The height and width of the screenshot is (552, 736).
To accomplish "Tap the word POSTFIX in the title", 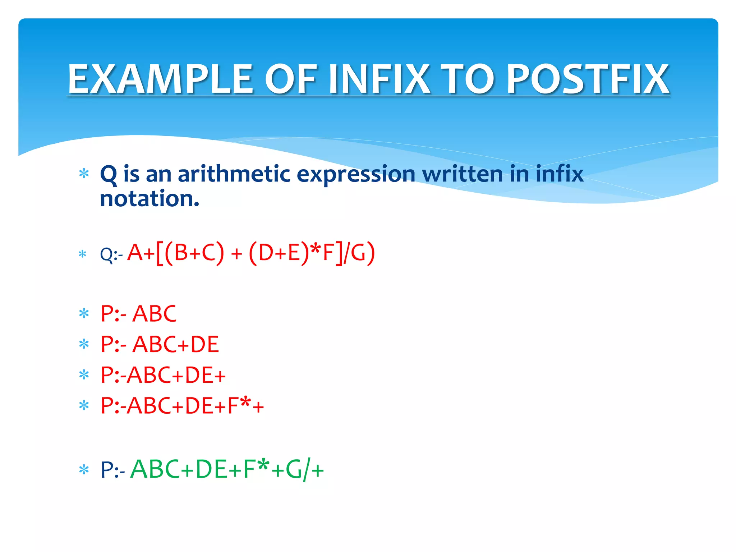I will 588,79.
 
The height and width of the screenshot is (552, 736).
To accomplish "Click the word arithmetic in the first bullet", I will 234,174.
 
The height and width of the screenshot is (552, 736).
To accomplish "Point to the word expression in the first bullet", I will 356,175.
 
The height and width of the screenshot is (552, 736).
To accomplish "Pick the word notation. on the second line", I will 149,199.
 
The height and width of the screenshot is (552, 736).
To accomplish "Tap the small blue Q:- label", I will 111,255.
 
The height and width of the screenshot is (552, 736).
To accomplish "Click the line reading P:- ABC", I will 138,314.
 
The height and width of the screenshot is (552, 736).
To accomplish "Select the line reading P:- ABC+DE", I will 160,344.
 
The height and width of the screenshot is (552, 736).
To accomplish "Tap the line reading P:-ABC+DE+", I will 163,375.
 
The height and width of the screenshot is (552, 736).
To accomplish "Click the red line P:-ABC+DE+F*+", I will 182,406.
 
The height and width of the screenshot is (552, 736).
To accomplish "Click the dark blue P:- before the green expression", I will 112,470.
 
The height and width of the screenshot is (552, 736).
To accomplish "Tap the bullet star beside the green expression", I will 84,470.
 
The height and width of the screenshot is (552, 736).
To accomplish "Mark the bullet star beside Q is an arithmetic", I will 84,174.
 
